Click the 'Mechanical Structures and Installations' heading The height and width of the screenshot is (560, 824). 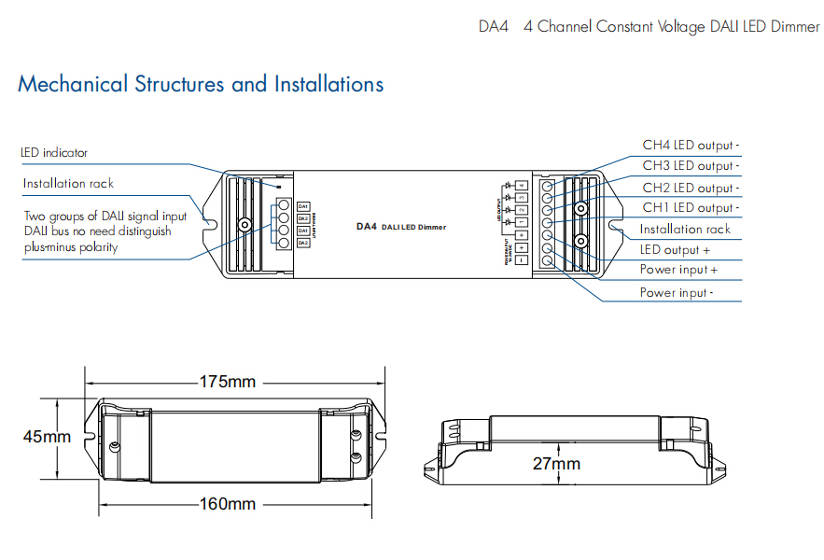[x=201, y=85]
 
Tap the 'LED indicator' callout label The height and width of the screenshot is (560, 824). [x=54, y=152]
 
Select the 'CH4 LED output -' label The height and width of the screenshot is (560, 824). [x=690, y=146]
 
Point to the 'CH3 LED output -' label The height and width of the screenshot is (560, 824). [x=690, y=166]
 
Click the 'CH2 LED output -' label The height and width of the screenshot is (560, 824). [x=690, y=188]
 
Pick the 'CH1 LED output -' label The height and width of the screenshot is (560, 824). [x=690, y=208]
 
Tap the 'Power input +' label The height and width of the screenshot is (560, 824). [x=678, y=271]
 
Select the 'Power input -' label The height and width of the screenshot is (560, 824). [x=677, y=293]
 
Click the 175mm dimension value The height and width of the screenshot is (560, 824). [x=228, y=382]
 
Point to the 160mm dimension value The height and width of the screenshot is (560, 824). [x=228, y=504]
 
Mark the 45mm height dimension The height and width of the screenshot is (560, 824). [x=48, y=437]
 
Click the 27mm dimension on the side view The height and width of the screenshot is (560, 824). [x=556, y=463]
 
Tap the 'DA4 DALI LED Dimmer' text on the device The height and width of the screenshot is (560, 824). [x=401, y=227]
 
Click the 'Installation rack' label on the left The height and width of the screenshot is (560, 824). [x=68, y=184]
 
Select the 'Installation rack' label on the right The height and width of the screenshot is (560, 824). [x=685, y=230]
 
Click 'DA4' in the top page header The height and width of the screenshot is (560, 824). [x=493, y=27]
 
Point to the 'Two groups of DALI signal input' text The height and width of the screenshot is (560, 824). [x=105, y=217]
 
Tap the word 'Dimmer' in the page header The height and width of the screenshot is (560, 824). [x=795, y=27]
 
